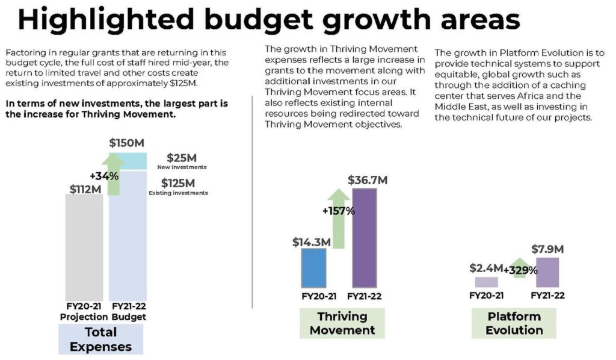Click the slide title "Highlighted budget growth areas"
click(268, 19)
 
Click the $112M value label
click(84, 190)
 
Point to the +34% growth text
click(104, 176)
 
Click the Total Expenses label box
click(100, 339)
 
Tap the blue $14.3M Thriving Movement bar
click(313, 267)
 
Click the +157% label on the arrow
click(339, 211)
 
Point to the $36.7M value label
click(368, 180)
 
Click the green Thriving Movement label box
click(342, 323)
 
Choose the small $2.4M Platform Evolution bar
click(486, 282)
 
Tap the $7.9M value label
click(547, 249)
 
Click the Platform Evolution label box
click(514, 323)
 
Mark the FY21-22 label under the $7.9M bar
click(547, 296)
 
